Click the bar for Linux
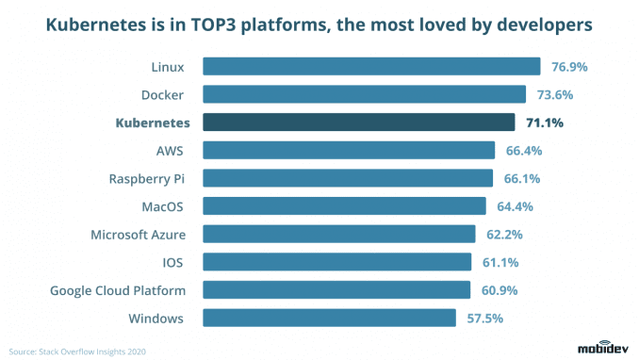370,67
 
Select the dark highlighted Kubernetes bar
358,123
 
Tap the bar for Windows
329,318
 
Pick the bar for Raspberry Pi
347,178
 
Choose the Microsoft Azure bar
338,234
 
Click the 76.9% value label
568,67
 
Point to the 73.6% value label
554,95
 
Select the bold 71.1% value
544,123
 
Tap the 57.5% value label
484,318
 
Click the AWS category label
171,151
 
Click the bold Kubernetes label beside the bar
153,123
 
